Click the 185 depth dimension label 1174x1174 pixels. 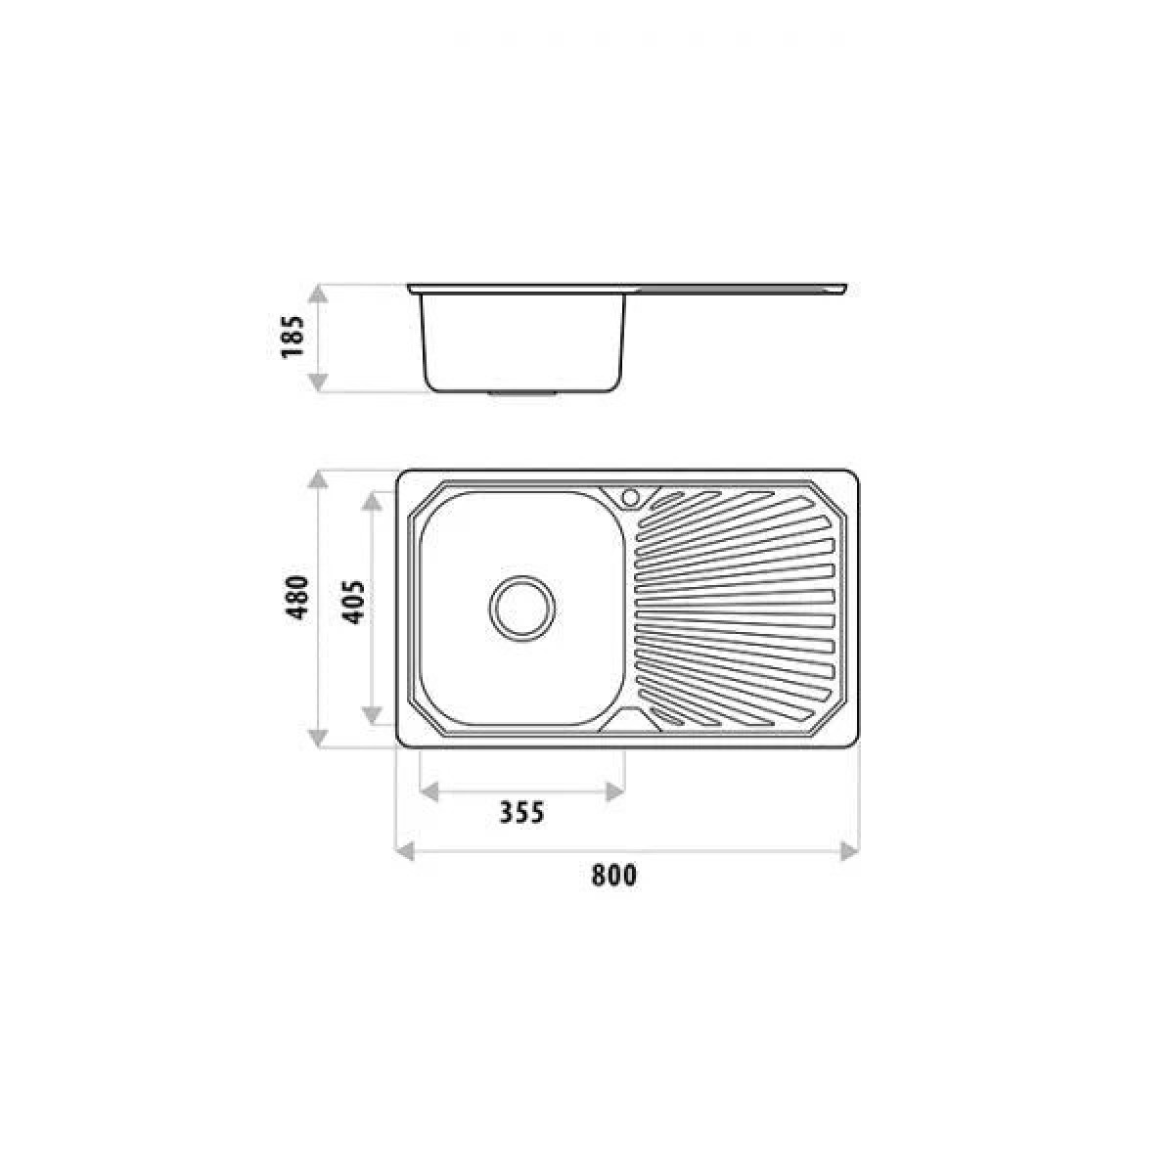click(293, 337)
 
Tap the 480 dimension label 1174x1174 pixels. click(298, 598)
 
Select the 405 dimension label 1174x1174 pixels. click(353, 603)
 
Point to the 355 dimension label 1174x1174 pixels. click(521, 813)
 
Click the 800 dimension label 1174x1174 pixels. click(614, 876)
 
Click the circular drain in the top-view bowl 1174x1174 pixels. click(522, 608)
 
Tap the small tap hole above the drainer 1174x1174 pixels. click(629, 498)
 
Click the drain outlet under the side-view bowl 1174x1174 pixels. click(522, 393)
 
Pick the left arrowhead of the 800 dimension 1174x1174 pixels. click(405, 851)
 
